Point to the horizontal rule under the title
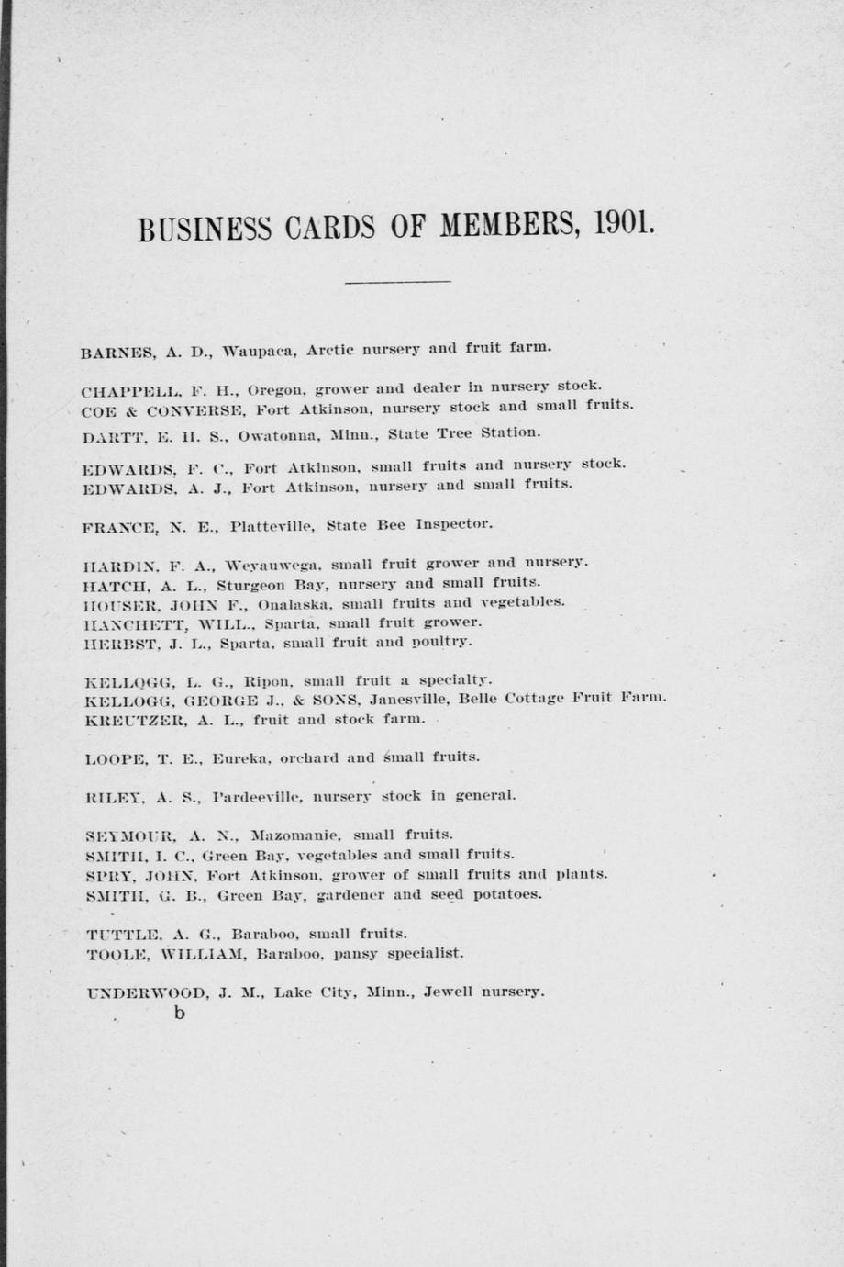397,281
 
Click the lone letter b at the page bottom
179,1014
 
